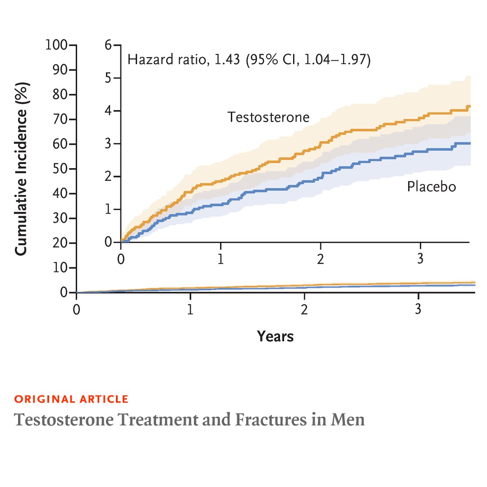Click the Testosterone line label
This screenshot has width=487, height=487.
268,117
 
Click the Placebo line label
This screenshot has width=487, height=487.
431,186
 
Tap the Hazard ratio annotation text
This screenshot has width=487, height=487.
249,60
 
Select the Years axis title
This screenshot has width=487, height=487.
275,336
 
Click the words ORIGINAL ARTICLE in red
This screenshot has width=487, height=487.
71,399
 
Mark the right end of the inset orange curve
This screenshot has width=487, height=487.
469,106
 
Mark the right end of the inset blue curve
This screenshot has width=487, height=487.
469,143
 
